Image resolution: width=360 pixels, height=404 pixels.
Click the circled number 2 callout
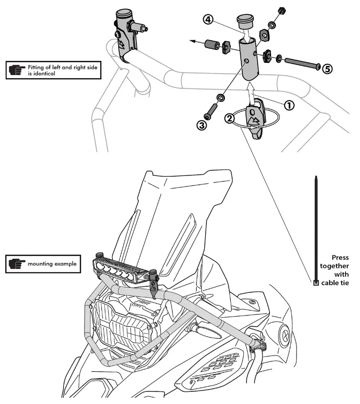click(230, 118)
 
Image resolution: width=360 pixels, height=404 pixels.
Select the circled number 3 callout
click(201, 125)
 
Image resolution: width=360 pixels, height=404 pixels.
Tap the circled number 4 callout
click(207, 21)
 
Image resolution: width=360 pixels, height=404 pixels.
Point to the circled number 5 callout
click(327, 69)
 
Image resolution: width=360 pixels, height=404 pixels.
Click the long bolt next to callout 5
click(302, 64)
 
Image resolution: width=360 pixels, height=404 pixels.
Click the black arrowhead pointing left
click(191, 42)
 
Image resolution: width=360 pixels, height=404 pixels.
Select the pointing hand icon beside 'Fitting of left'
click(17, 71)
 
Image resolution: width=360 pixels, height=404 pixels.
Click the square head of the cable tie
click(315, 283)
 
